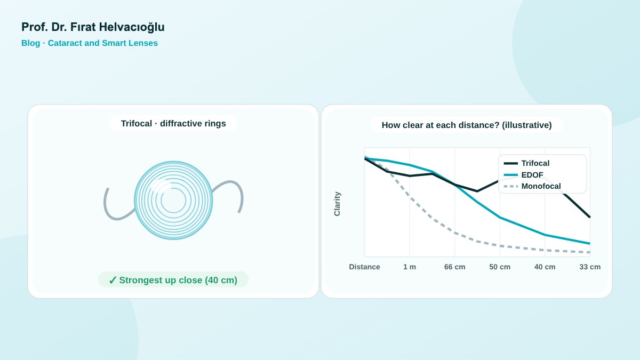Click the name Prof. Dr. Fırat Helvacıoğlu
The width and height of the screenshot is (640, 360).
[93, 27]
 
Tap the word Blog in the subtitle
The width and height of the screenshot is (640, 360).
[30, 43]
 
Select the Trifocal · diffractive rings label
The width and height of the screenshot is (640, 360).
[173, 123]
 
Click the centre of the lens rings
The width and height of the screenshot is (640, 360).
[173, 201]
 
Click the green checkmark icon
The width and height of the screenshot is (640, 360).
[113, 281]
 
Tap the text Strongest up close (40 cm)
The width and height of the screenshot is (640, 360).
[178, 281]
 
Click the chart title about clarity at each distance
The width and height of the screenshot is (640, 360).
[467, 125]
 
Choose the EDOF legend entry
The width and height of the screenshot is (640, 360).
[523, 175]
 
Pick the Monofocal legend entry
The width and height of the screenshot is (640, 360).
[532, 186]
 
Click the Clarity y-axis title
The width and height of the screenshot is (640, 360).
[337, 204]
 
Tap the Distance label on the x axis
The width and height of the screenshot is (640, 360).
[365, 267]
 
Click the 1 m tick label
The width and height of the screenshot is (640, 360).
[410, 267]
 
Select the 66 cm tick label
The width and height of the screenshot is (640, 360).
[454, 267]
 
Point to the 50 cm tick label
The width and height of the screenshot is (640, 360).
[500, 267]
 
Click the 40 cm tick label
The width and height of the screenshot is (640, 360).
[545, 267]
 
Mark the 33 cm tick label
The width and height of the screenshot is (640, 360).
[590, 267]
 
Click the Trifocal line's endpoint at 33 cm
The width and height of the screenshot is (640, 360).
[590, 217]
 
